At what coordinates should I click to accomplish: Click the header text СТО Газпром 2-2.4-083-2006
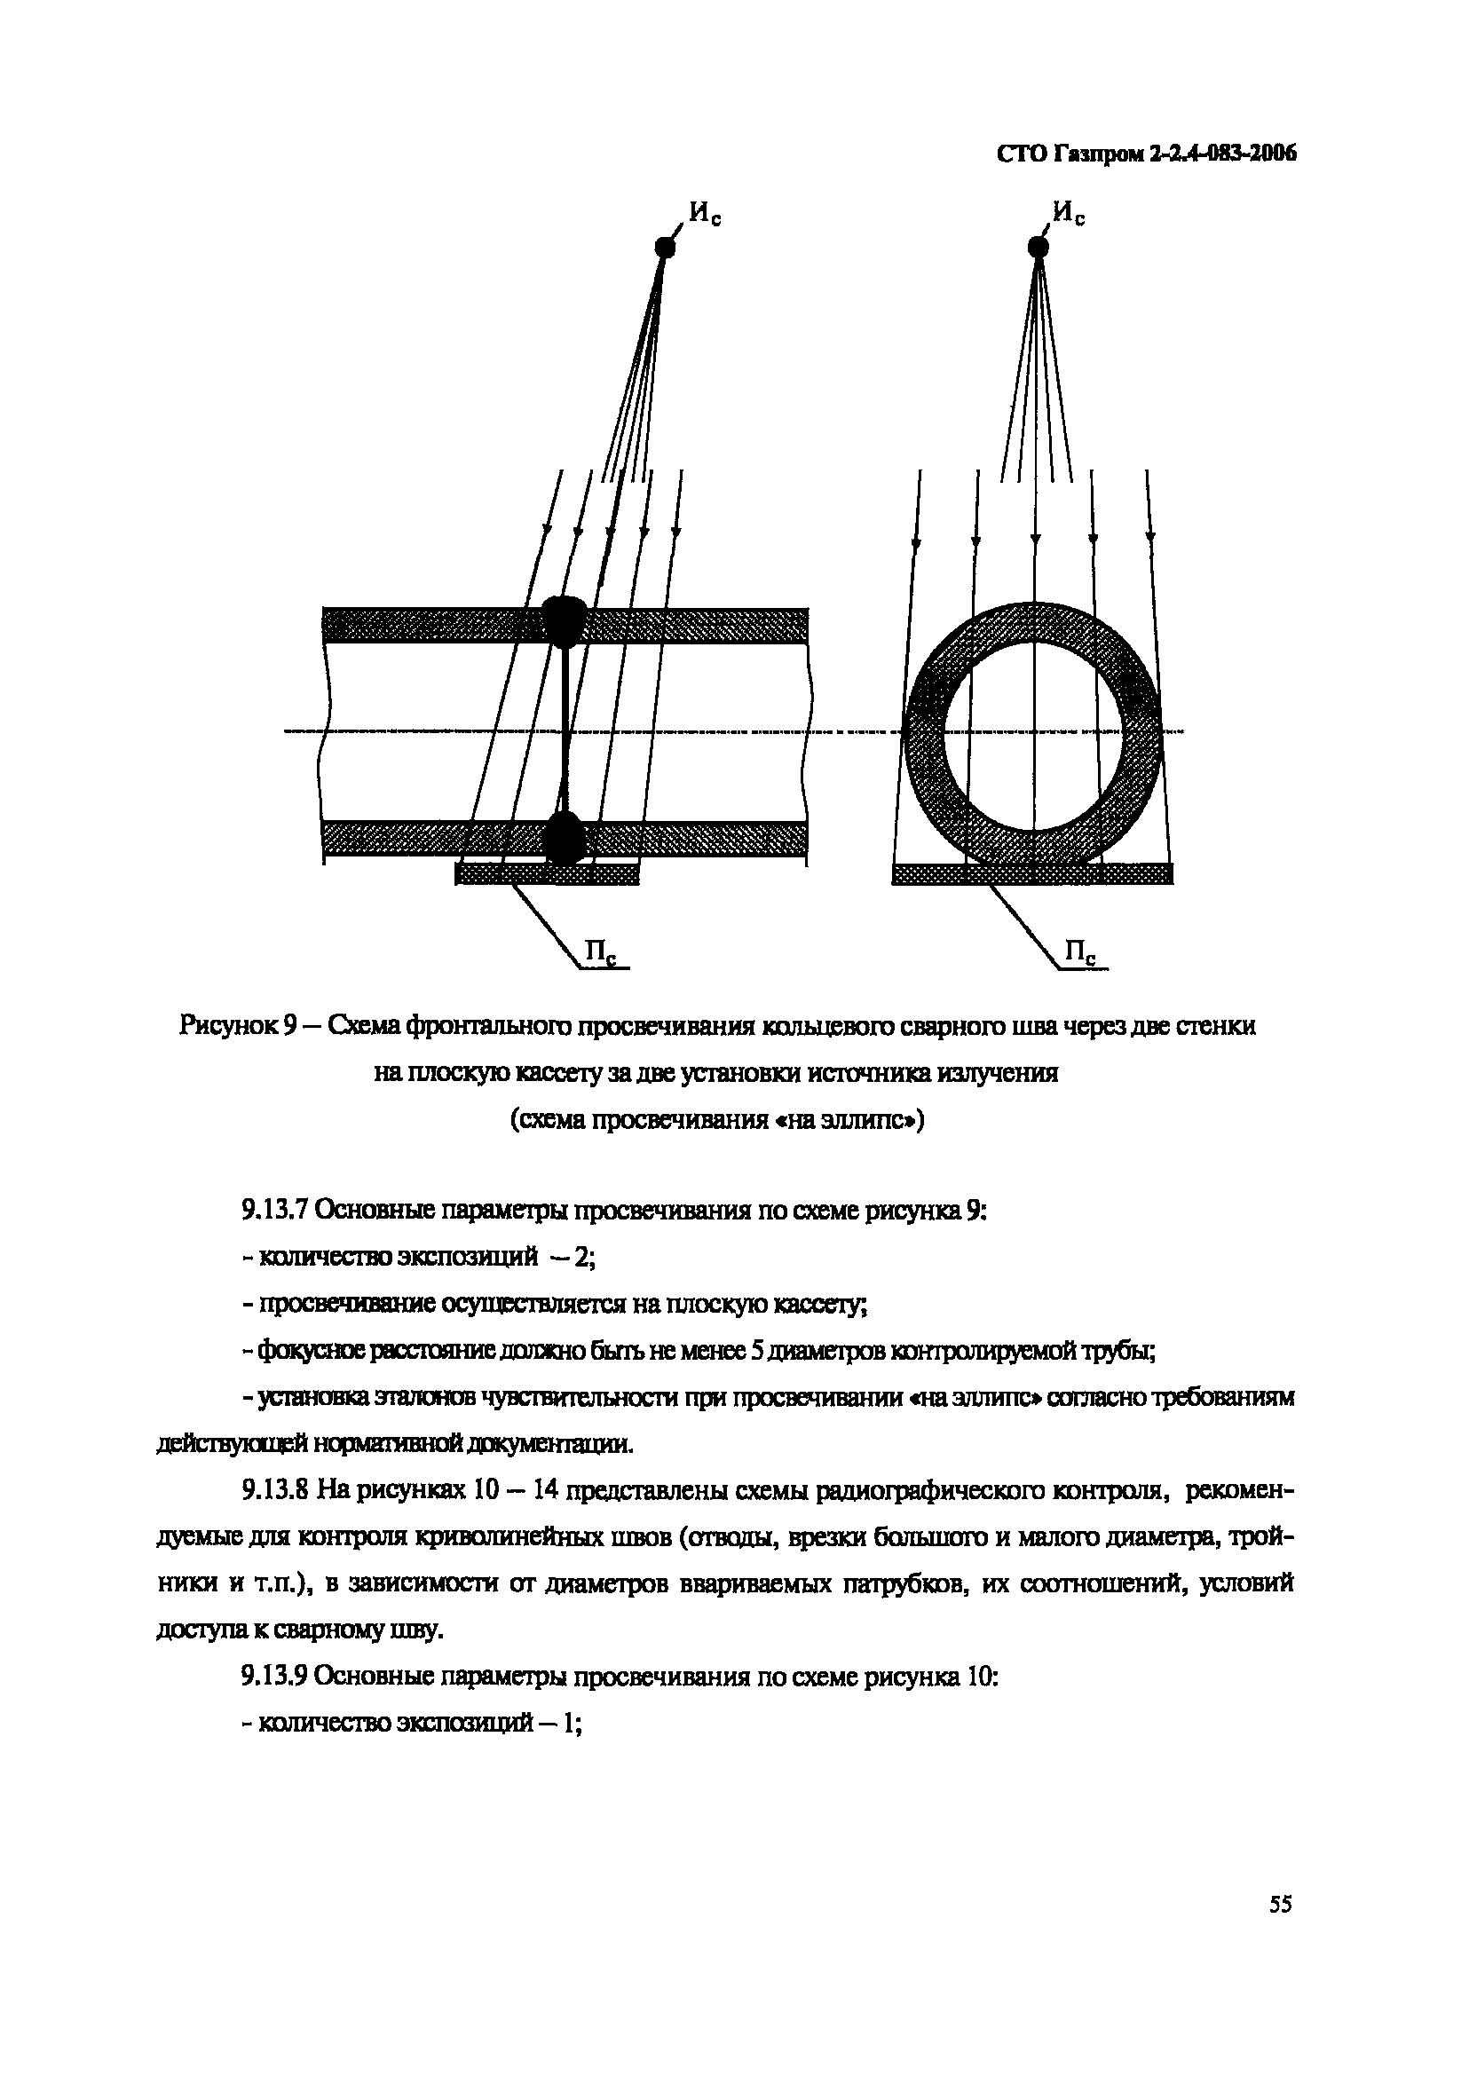click(1146, 154)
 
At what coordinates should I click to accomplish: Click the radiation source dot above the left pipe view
click(665, 247)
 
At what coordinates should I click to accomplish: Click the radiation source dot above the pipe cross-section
click(1039, 247)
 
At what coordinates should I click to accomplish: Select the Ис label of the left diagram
click(705, 215)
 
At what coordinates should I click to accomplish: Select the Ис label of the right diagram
click(1070, 215)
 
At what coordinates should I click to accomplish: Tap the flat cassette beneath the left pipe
click(547, 874)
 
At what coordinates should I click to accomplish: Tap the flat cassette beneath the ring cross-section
click(1032, 873)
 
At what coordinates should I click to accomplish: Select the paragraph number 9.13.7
click(277, 1211)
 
